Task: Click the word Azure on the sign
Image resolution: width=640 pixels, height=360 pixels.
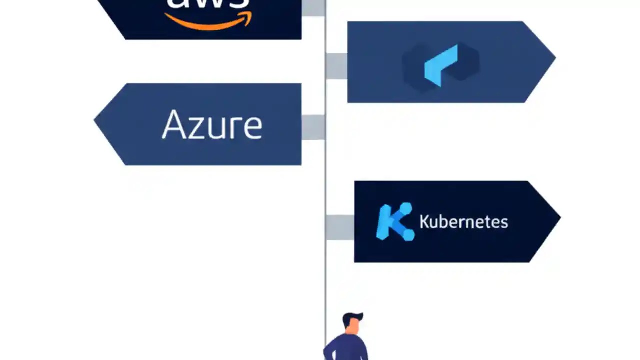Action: click(212, 125)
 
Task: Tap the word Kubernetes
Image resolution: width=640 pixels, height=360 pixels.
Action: click(463, 221)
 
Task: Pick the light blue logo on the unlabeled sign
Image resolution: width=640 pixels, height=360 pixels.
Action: click(441, 65)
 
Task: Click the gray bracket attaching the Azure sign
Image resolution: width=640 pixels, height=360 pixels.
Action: click(313, 127)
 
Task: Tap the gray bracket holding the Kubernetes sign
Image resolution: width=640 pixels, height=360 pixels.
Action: click(340, 227)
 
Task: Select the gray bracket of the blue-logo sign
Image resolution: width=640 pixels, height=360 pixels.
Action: click(336, 66)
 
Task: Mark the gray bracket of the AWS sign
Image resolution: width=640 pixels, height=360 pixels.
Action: click(313, 7)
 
